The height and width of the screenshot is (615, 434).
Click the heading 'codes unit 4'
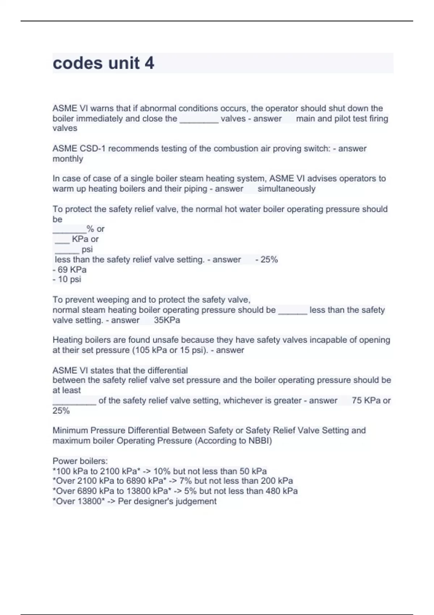pos(103,63)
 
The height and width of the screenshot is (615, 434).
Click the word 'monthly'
pos(68,159)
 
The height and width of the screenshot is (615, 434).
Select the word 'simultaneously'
pos(286,189)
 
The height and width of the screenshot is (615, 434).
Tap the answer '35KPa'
pos(167,320)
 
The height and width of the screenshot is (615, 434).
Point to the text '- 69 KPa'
pos(69,270)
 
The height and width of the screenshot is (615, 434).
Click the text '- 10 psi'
pos(67,279)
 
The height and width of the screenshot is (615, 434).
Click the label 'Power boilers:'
pos(80,461)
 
